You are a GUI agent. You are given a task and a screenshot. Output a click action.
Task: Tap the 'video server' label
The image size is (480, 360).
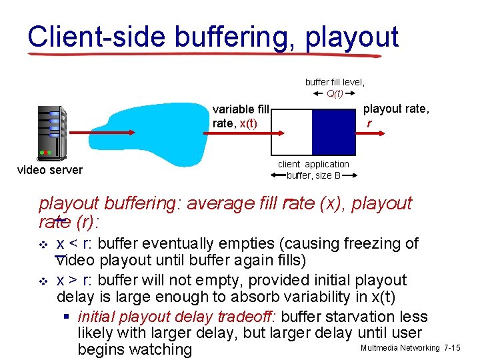pos(50,170)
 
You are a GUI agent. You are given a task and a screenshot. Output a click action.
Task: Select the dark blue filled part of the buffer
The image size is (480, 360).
pos(335,131)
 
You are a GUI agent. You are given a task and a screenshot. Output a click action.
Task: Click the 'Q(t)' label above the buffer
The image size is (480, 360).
pos(335,93)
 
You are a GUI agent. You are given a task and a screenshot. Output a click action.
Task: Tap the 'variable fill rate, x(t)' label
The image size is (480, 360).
pos(240,116)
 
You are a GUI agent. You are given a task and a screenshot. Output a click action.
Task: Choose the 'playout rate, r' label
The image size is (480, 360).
pos(396,115)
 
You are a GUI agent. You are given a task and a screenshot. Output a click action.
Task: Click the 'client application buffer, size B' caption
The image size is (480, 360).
pos(313,170)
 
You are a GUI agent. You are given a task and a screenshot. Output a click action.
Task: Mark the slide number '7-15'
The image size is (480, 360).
pos(451,348)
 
